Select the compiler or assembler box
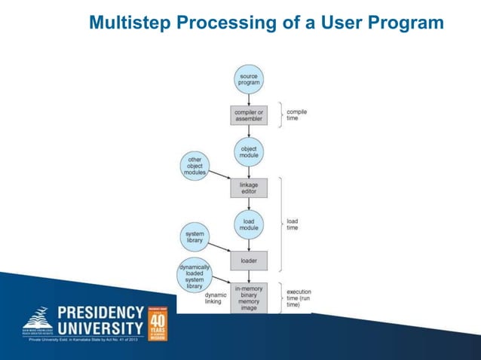point(248,115)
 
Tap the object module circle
point(248,151)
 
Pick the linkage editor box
point(248,187)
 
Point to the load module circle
point(248,224)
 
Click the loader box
point(248,261)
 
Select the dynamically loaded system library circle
point(195,275)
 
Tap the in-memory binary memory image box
point(248,297)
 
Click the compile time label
point(297,115)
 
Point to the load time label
point(293,224)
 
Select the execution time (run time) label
point(299,297)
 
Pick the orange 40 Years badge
point(158,322)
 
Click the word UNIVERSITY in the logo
point(100,328)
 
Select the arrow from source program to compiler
point(248,99)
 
